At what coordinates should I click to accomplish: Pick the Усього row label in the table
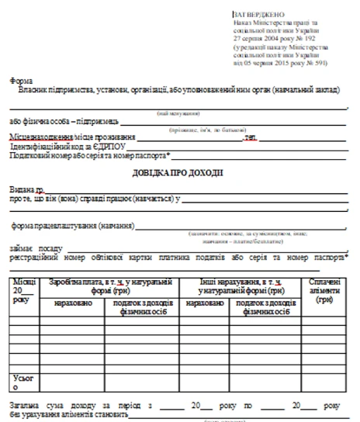tap(21, 382)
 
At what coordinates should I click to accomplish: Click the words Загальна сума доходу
tap(51, 405)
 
